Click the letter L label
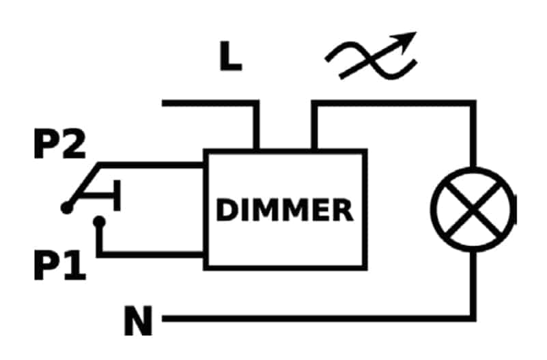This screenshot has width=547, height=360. tap(231, 56)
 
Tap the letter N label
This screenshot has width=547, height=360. tap(138, 320)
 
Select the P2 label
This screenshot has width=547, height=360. tap(59, 143)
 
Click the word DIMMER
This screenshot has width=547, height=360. tap(285, 210)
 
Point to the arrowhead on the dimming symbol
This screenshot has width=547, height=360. tap(406, 40)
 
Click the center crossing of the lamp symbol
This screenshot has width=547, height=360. tap(473, 209)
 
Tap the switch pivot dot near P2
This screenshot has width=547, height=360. tap(67, 208)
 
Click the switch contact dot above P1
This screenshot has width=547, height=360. tap(100, 222)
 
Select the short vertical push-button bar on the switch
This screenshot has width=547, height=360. tap(117, 195)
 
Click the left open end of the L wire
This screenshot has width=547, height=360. tap(163, 103)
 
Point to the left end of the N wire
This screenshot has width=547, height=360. tap(163, 318)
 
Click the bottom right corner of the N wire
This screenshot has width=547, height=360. tap(473, 318)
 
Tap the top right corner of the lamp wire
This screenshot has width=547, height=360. tap(473, 103)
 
